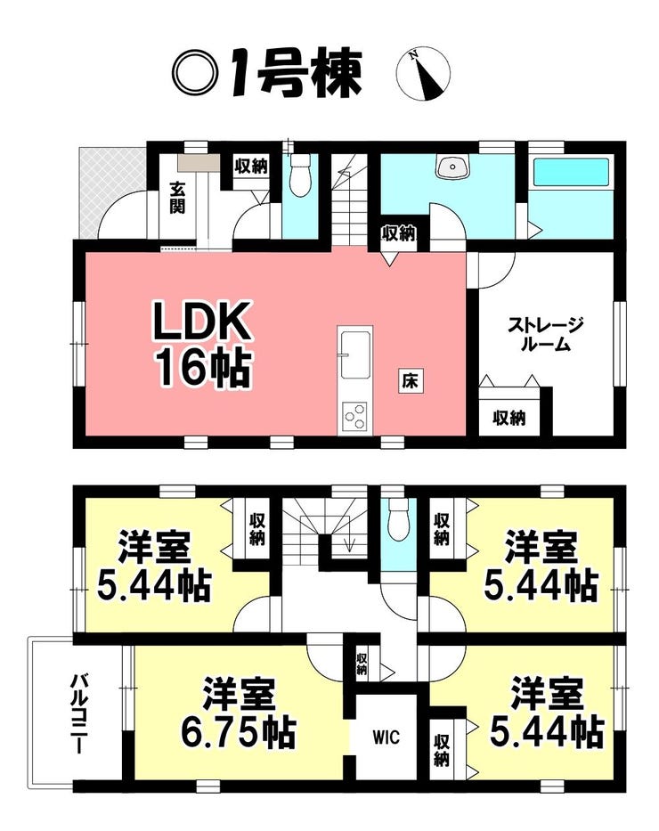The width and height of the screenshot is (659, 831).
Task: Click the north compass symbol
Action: point(423,74)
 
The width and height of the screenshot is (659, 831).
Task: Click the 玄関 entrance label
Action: point(177,199)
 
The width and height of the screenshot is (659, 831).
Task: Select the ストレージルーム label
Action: point(546,335)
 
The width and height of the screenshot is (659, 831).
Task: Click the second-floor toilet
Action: point(397,517)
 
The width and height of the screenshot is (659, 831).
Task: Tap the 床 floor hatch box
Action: point(410,381)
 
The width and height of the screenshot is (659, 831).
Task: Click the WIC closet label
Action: point(386,737)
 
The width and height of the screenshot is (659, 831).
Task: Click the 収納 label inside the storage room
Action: point(509,418)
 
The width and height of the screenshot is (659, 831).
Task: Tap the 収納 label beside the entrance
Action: point(251,166)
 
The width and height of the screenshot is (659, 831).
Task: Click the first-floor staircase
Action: point(350,200)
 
